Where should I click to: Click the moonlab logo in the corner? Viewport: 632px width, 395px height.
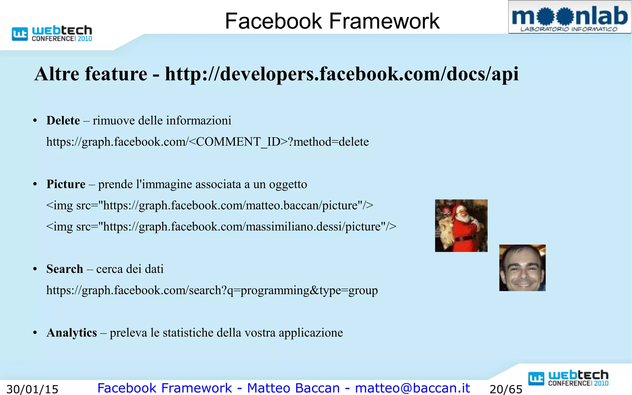pos(569,17)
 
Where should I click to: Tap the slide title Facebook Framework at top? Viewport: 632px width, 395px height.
pos(332,21)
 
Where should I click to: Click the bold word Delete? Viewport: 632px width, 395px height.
pos(63,120)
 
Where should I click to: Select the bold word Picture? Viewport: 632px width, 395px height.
pos(66,184)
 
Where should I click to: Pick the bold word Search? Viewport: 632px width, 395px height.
pos(65,269)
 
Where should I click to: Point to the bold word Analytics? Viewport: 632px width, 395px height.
pos(72,333)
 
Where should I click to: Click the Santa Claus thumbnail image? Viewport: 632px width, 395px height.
pos(461,226)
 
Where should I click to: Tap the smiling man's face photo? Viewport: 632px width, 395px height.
pos(522,268)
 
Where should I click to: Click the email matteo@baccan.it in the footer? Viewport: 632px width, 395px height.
pos(413,388)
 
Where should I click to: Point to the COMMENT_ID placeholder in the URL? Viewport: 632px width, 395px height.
pos(238,142)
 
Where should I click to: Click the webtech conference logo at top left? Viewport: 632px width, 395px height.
pos(52,33)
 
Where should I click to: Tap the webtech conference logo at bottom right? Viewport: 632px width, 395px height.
pos(568,378)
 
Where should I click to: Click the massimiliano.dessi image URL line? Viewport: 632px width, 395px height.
pos(221,227)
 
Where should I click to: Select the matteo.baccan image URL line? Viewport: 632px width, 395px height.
pos(210,206)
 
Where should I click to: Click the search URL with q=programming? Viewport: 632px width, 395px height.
pos(212,290)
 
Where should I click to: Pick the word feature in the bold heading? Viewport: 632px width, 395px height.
pos(116,74)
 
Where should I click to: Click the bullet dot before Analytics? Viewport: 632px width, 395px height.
pos(35,333)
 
